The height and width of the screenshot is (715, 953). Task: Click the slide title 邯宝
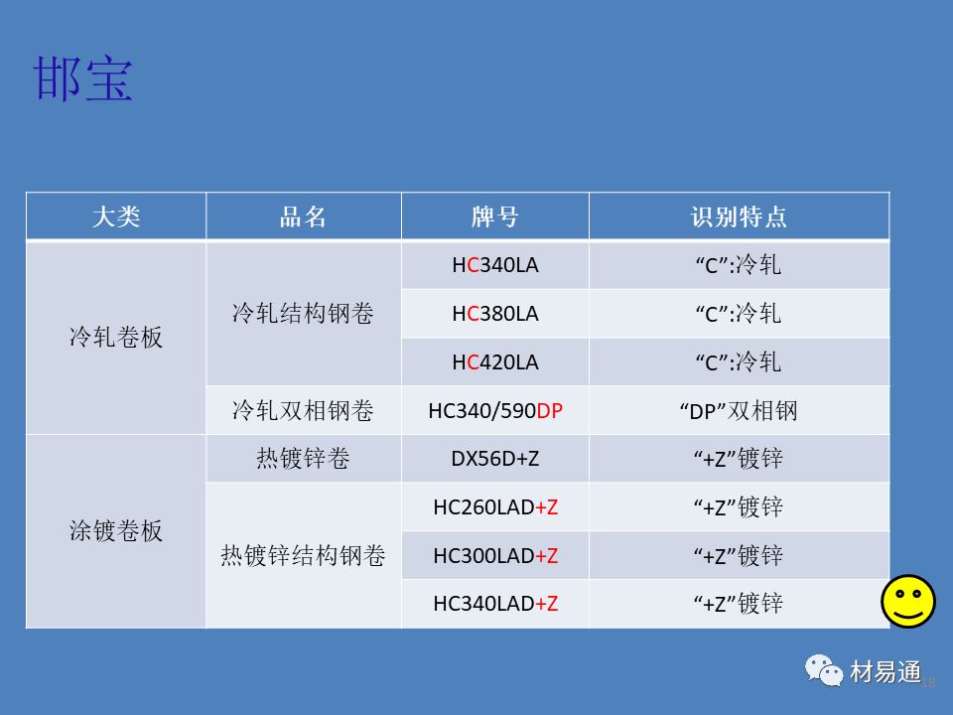82,78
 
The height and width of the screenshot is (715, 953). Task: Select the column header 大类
116,217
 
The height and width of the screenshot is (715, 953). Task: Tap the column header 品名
303,217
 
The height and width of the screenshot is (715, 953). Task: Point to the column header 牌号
494,217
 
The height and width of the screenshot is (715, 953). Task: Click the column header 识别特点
739,217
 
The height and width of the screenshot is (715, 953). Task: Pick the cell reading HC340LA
494,265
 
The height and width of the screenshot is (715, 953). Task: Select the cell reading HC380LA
494,314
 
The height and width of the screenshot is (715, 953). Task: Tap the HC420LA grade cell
494,362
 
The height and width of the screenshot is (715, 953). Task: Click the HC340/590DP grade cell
494,411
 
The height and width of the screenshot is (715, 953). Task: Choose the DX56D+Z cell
494,459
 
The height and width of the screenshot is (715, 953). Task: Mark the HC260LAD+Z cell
494,507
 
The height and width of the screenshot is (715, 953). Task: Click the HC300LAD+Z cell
494,556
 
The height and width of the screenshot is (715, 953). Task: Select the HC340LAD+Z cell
494,604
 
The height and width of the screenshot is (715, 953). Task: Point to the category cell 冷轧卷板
116,338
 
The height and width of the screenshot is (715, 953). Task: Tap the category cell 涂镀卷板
116,530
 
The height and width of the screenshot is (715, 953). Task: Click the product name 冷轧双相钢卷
303,411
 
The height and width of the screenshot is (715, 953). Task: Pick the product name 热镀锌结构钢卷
303,556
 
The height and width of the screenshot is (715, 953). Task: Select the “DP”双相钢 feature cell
739,411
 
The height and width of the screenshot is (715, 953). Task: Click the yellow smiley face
908,602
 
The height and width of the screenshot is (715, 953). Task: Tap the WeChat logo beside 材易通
824,670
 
